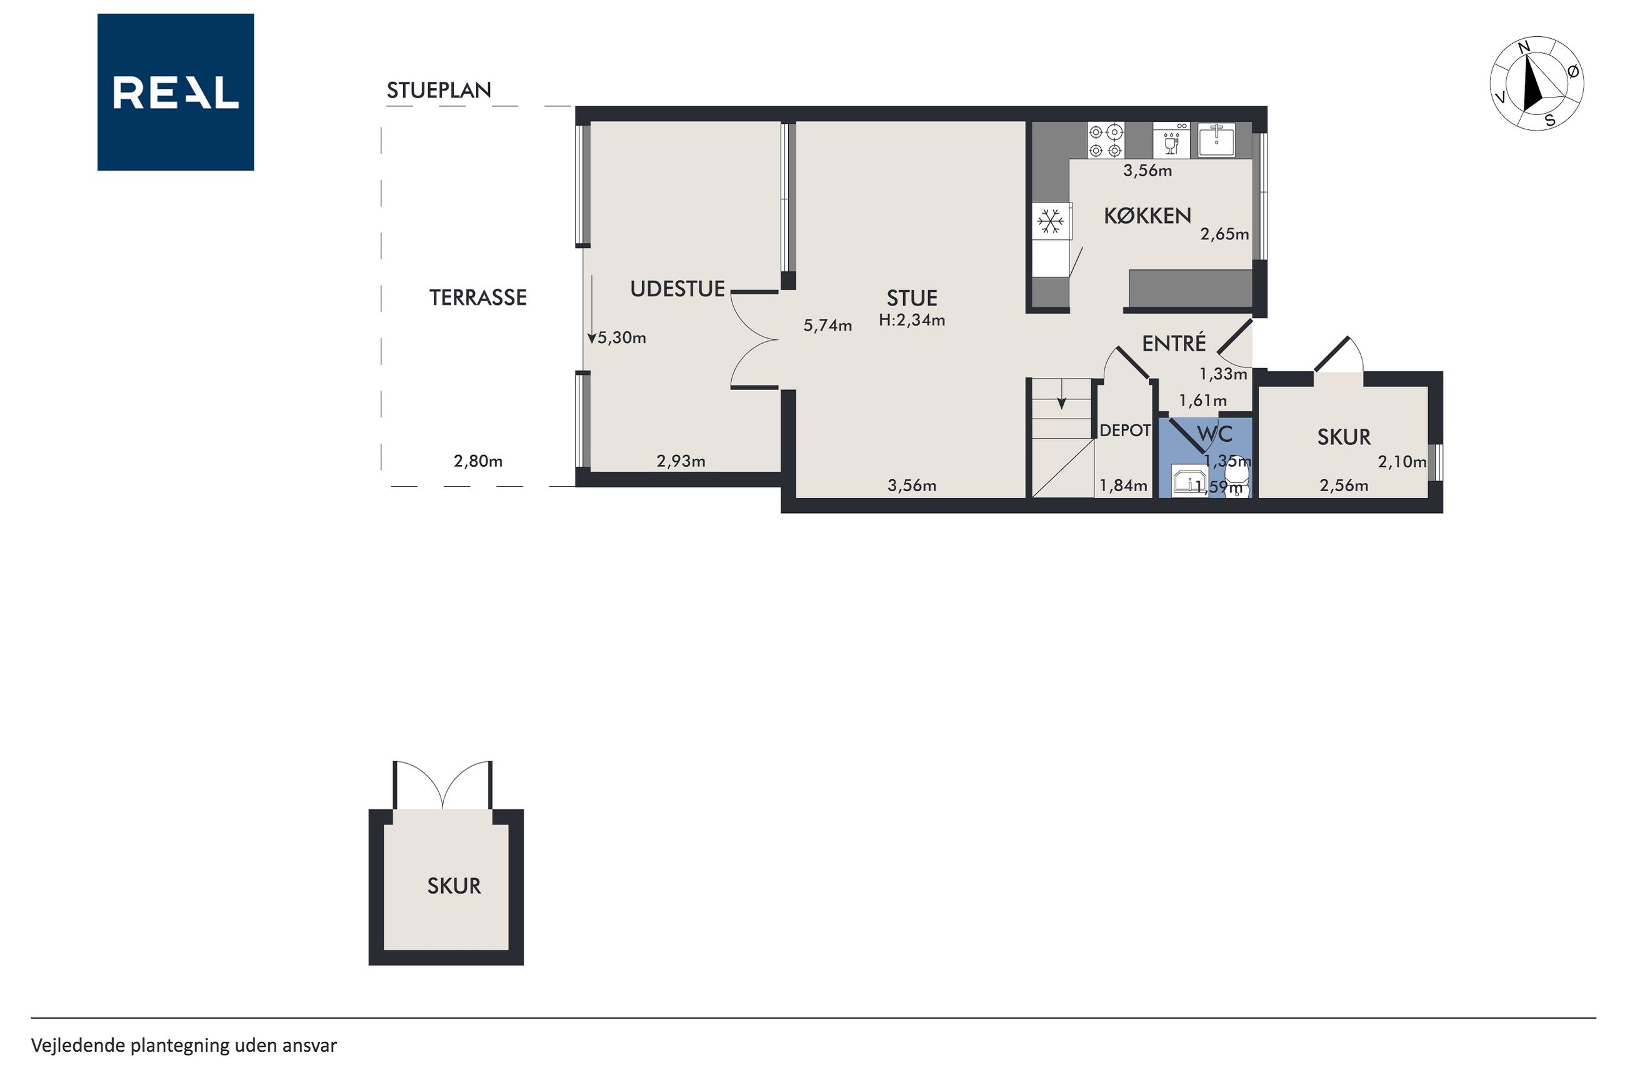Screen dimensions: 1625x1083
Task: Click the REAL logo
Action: click(176, 92)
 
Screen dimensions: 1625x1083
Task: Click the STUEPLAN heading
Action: click(439, 91)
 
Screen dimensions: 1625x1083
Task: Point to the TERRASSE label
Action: click(478, 297)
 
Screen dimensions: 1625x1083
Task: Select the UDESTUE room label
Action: click(677, 289)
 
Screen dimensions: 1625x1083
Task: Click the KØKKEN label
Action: click(1147, 216)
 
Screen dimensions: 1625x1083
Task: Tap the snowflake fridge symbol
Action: click(1051, 222)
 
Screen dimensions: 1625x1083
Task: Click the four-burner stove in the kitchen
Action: click(1106, 140)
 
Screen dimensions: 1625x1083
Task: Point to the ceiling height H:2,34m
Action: click(912, 320)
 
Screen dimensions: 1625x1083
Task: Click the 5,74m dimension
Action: click(827, 326)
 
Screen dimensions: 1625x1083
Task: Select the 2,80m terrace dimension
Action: click(478, 461)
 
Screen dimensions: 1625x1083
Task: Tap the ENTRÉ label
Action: click(1173, 343)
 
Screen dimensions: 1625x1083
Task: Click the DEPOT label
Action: click(1125, 431)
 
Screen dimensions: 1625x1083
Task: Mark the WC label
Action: click(1214, 434)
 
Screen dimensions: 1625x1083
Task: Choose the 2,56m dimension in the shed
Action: click(1343, 486)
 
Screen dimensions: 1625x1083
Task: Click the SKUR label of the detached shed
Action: click(454, 886)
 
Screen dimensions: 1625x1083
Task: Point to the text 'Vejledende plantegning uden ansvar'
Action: click(184, 1046)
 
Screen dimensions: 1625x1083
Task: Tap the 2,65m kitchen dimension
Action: click(1224, 234)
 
